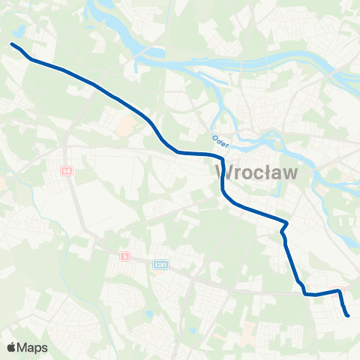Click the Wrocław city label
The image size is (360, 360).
256,172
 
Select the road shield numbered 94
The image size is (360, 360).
67,172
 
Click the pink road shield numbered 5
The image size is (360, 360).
125,256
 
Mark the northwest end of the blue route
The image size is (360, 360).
12,44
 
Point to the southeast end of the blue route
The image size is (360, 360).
348,316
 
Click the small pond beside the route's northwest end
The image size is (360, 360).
19,31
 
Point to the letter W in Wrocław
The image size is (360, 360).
223,172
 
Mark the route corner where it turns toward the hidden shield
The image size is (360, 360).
306,294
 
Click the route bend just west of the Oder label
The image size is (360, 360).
178,152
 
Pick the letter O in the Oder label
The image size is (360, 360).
213,137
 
